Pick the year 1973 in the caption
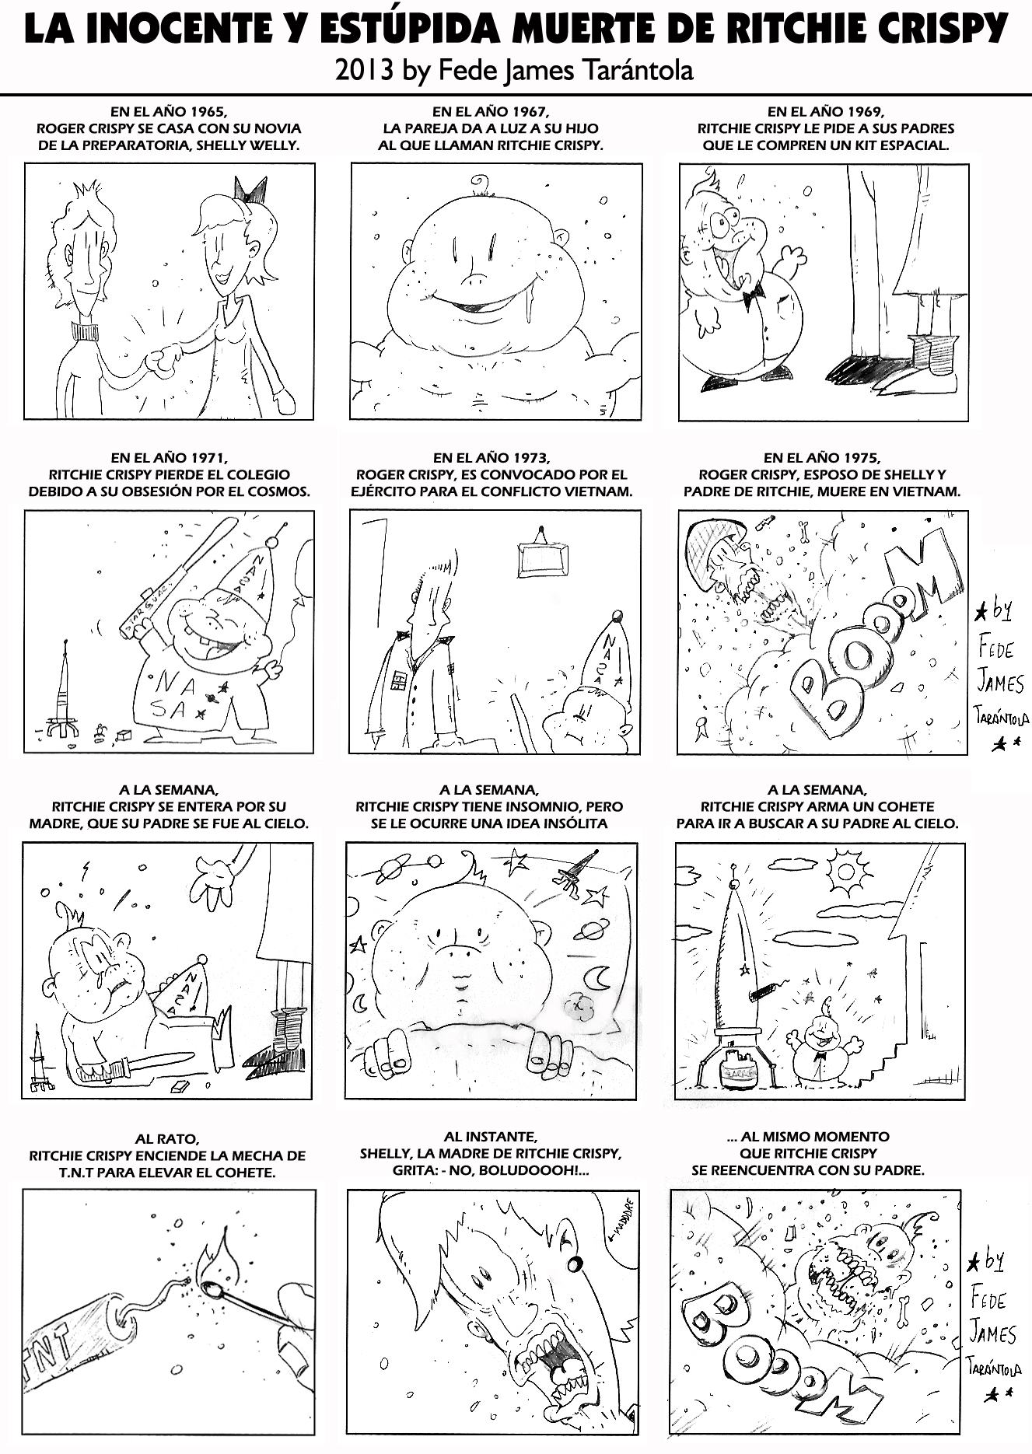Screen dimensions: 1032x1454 (531, 458)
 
